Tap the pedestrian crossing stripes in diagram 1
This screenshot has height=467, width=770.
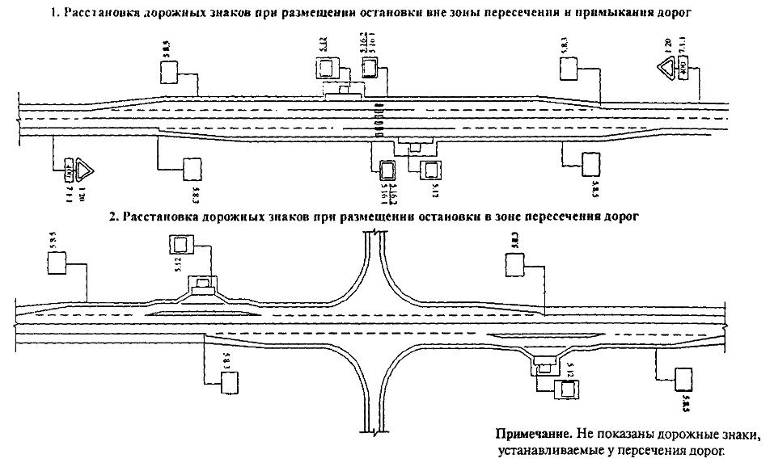pos(378,121)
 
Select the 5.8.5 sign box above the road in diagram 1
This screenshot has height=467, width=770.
pos(169,73)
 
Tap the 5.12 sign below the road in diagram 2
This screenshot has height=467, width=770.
pos(568,389)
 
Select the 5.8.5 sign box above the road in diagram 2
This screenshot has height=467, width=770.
pos(58,263)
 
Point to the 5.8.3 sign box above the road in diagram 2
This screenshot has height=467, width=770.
pos(514,265)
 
